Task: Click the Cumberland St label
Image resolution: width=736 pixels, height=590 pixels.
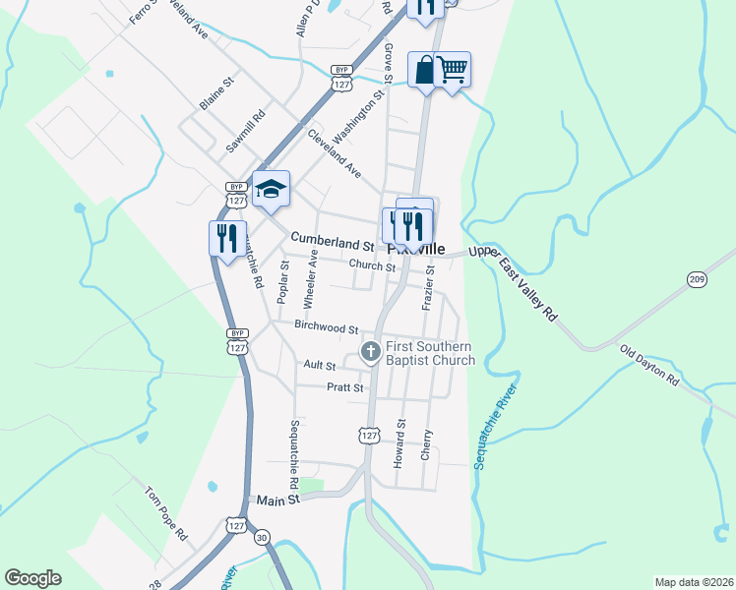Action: coord(333,239)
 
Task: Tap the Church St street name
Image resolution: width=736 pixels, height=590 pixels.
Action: coord(372,266)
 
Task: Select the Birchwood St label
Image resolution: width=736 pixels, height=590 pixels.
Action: coord(326,324)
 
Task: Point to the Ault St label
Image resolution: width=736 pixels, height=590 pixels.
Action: coord(320,365)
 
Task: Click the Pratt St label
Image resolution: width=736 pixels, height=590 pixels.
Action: coord(345,387)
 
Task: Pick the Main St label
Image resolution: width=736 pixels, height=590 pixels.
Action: coord(278,501)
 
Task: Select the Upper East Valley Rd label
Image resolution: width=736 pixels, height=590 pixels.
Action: coord(514,282)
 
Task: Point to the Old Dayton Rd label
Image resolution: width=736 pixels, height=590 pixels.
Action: coord(649,365)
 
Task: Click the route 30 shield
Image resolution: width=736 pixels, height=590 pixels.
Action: coord(262,537)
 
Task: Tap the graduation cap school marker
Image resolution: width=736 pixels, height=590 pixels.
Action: coord(271,188)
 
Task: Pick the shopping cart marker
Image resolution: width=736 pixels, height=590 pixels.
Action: coord(452,71)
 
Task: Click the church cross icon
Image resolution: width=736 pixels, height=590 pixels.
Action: coord(371,351)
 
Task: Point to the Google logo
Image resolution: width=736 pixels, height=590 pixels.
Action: coord(33,578)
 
